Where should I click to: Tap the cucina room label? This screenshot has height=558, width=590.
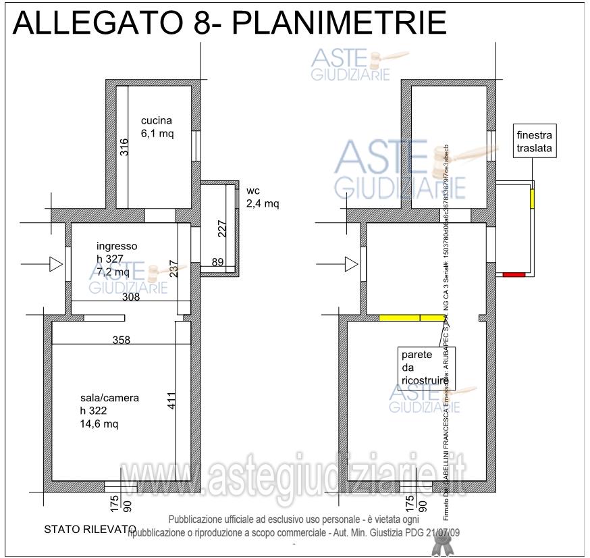coord(156,121)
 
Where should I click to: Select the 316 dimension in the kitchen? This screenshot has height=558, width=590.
coord(124,147)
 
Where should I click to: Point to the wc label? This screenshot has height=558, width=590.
coord(253,191)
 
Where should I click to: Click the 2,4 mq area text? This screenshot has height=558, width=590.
coord(262,203)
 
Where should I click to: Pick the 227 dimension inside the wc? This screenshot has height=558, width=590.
coord(221,228)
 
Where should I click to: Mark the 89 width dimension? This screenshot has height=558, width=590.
coord(217,262)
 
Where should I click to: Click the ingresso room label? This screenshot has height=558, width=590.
coord(116,247)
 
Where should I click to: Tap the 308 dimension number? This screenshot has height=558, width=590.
coord(130,297)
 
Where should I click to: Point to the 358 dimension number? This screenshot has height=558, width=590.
coord(122,340)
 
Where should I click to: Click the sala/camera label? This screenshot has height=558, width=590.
coord(109,398)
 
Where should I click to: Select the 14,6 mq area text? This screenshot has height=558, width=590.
coord(99,424)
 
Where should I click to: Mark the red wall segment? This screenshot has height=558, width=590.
coord(514,274)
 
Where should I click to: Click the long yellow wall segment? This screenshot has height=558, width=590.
coord(411,318)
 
